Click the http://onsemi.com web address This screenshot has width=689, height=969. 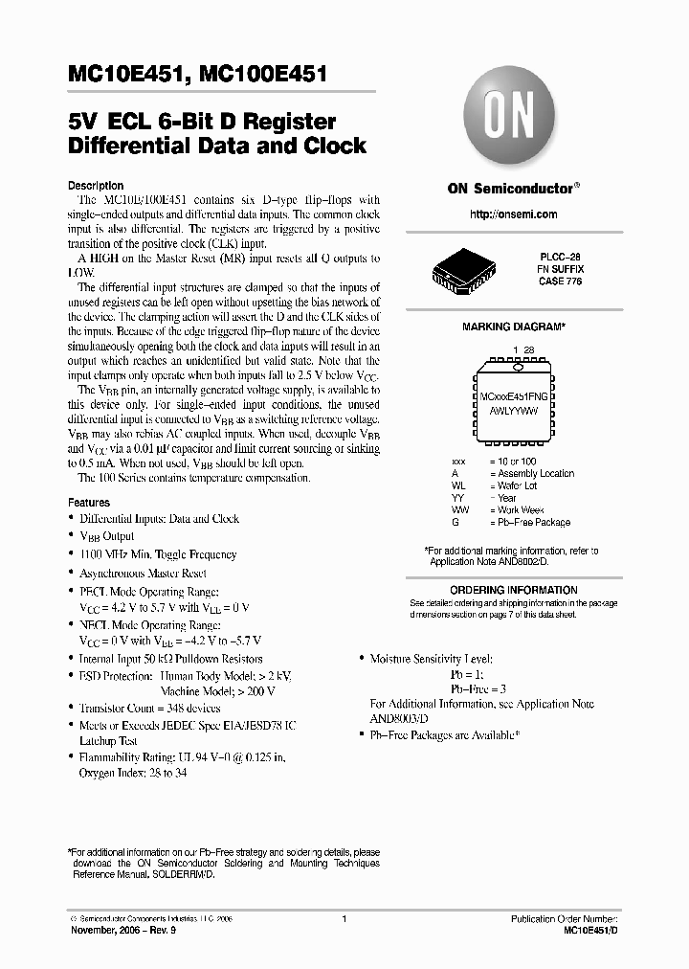point(514,214)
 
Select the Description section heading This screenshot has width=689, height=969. point(96,186)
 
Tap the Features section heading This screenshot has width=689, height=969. point(89,502)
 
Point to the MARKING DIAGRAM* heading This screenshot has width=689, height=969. point(513,327)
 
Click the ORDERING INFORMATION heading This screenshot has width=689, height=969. point(514,590)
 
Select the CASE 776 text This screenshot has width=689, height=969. point(561,282)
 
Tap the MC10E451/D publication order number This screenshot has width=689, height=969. point(585,929)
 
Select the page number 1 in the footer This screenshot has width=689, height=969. point(344,919)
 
